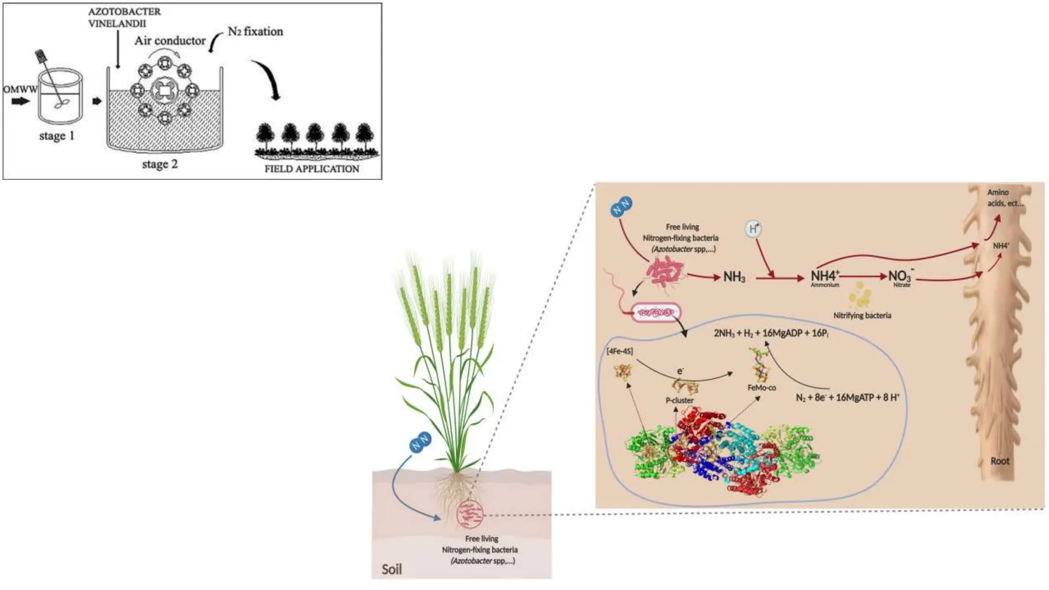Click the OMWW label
click(x=20, y=89)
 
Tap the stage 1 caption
click(x=57, y=136)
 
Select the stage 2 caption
click(x=160, y=164)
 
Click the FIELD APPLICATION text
click(x=311, y=168)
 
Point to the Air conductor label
click(x=170, y=40)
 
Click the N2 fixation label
click(x=255, y=31)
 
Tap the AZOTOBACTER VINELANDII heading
click(x=124, y=17)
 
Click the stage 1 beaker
click(x=60, y=96)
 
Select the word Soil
click(x=392, y=569)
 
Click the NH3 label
click(x=734, y=277)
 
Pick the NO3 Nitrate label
click(x=901, y=278)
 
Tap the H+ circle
click(x=753, y=228)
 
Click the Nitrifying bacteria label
click(x=862, y=315)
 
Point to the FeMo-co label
click(x=762, y=388)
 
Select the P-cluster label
click(x=680, y=400)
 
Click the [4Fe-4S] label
click(x=620, y=351)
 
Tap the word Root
click(x=1000, y=461)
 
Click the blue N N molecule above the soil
click(x=420, y=442)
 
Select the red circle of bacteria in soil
click(x=470, y=515)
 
